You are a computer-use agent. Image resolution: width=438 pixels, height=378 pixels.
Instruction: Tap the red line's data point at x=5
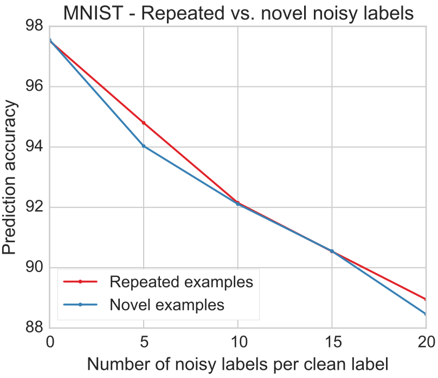(x=144, y=123)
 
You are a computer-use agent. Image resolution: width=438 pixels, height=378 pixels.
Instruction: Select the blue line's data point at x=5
(x=144, y=146)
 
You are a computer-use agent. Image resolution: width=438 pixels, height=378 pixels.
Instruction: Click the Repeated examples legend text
(x=181, y=282)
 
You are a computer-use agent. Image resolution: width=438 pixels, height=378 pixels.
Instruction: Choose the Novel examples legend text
(x=167, y=305)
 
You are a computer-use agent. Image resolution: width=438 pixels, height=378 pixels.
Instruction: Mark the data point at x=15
(x=332, y=251)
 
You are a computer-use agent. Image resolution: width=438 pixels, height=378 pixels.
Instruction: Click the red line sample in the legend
(x=80, y=282)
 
